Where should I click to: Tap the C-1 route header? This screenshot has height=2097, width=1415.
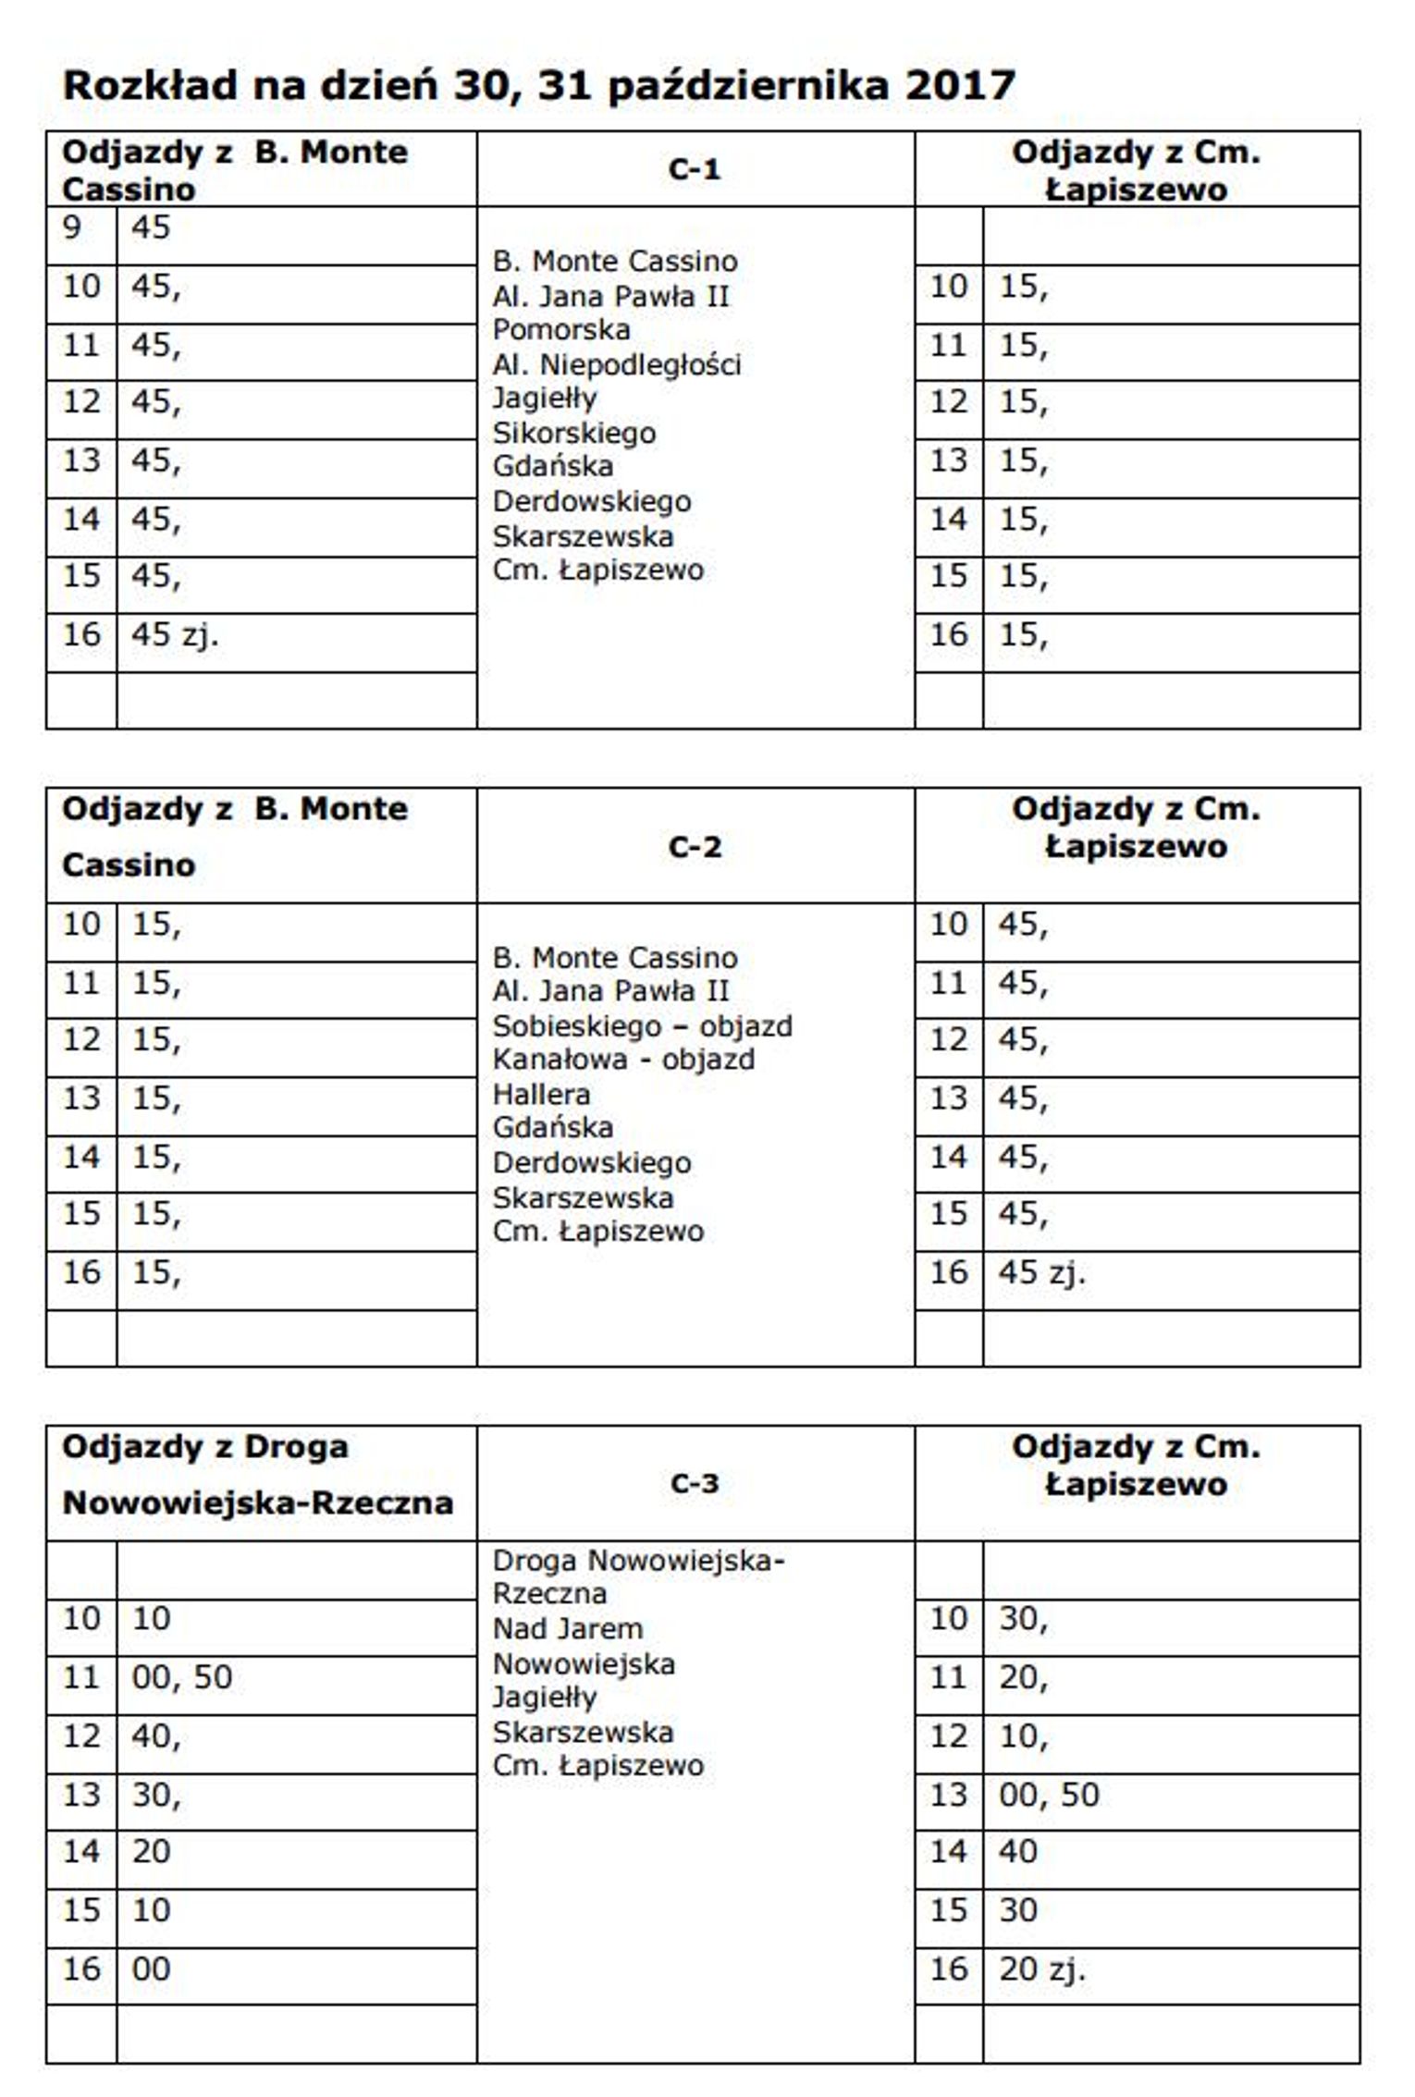click(x=694, y=169)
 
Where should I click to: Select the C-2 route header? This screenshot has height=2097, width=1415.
click(x=694, y=846)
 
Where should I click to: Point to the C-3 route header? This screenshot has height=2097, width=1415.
click(x=694, y=1483)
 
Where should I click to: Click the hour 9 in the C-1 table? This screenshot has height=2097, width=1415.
click(x=72, y=227)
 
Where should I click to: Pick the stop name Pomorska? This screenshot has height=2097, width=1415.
click(x=560, y=330)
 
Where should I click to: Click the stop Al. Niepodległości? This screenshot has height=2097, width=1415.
click(x=616, y=364)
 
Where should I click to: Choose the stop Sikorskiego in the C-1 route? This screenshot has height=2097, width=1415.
click(x=573, y=433)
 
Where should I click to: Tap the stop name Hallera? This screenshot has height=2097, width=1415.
click(x=541, y=1094)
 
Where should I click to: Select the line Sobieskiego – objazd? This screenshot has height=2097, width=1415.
click(x=642, y=1025)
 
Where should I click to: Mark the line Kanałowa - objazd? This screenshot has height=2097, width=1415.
click(x=623, y=1060)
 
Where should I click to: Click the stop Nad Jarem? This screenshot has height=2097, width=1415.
click(x=567, y=1628)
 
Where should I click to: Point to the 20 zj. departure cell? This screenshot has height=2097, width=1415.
click(x=1041, y=1969)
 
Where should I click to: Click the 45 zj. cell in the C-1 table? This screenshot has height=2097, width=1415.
click(x=175, y=635)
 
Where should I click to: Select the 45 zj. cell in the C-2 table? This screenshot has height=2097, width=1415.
click(x=1041, y=1272)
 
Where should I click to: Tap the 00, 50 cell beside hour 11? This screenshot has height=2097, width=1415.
click(x=181, y=1676)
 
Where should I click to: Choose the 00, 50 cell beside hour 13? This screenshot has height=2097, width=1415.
click(x=1049, y=1794)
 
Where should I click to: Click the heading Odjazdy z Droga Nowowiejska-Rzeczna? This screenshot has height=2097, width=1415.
click(x=257, y=1475)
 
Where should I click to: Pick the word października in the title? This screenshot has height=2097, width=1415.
click(x=749, y=85)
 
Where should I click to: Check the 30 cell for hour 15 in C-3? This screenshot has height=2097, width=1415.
click(x=1018, y=1909)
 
